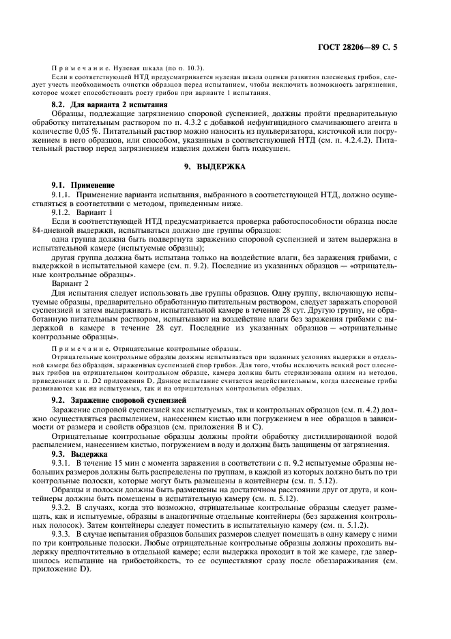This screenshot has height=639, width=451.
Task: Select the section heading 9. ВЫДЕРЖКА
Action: tap(225, 166)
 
